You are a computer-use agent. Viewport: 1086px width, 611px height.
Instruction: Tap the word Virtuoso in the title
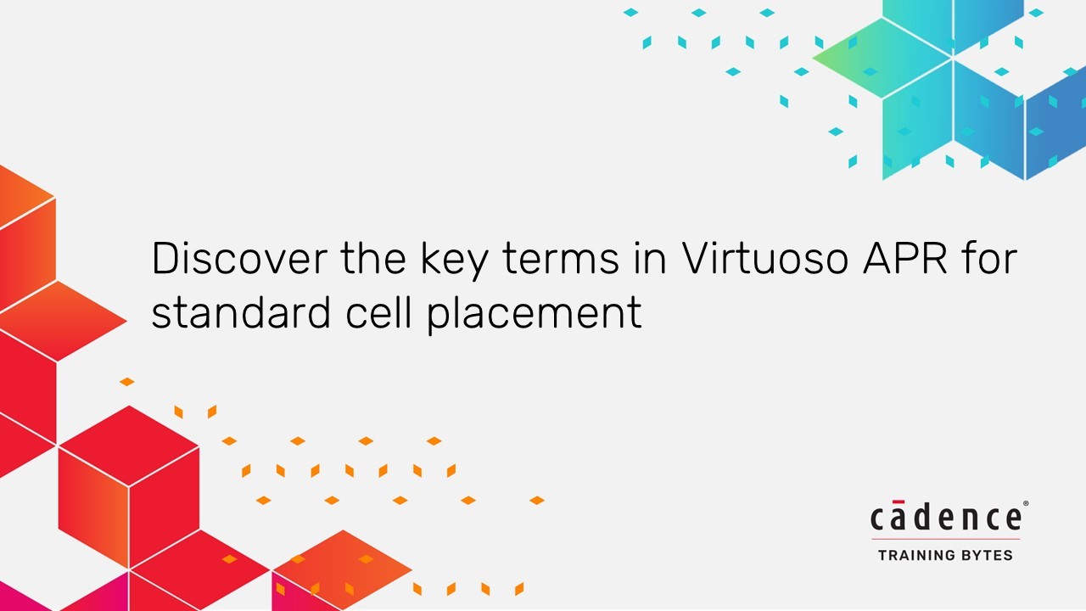click(x=765, y=258)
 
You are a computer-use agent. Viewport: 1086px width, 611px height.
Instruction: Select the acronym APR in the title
click(x=905, y=258)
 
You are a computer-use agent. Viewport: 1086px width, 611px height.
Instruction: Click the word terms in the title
click(x=561, y=260)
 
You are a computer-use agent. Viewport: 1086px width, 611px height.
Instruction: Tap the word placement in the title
click(x=535, y=314)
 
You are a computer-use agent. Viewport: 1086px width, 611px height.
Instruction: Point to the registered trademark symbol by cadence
click(x=1026, y=504)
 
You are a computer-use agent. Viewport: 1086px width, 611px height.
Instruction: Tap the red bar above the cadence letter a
click(x=898, y=502)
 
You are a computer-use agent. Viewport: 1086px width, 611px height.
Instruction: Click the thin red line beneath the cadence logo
click(x=946, y=539)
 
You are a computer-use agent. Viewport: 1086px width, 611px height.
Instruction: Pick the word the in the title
click(x=373, y=258)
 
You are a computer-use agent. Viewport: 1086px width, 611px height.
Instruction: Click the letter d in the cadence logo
click(x=922, y=516)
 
